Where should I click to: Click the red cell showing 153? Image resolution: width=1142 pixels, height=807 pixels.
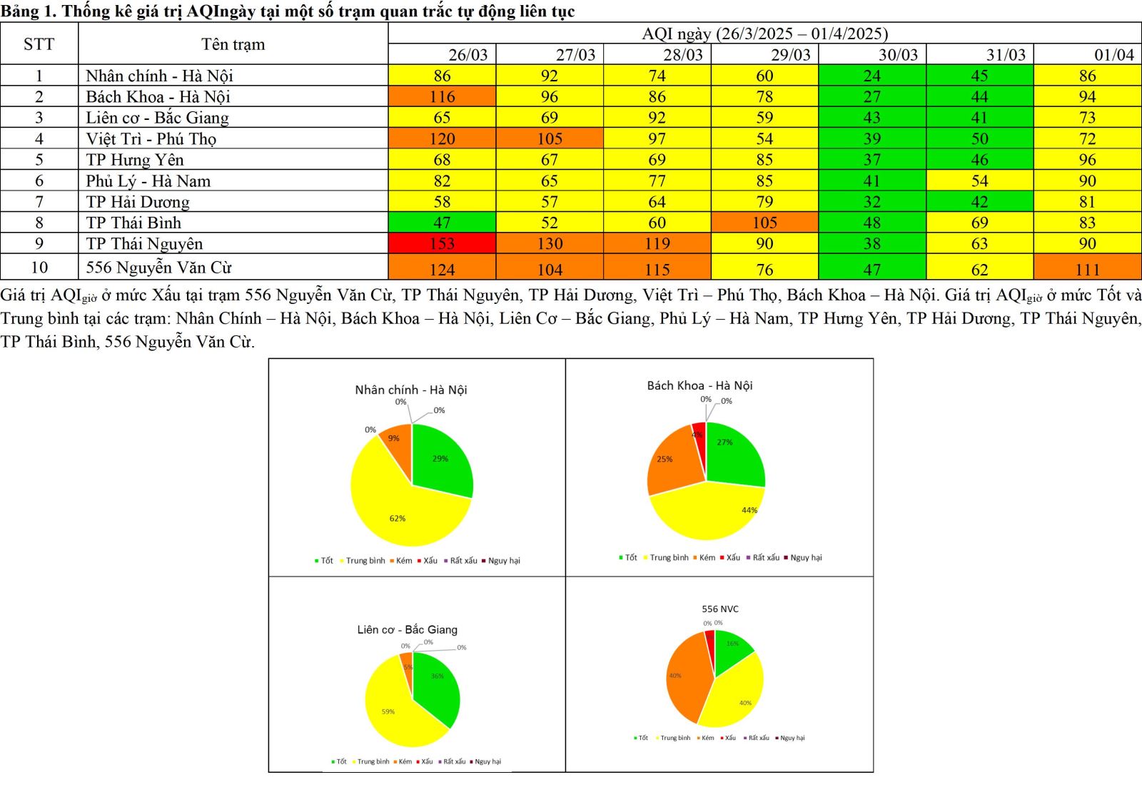coord(442,243)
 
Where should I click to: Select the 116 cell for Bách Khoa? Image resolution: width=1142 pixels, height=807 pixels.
coord(442,96)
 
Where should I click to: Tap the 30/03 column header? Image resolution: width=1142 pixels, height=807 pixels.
coord(898,54)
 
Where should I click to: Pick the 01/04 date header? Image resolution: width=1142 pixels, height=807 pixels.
coord(1113,54)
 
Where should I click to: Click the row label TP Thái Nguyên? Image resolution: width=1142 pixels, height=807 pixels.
coord(144,243)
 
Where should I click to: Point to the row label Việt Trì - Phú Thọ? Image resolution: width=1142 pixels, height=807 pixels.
coord(151,138)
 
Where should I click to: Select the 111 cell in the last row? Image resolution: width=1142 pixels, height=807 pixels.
coord(1087,269)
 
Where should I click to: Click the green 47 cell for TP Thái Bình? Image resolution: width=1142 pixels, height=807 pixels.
coord(442,223)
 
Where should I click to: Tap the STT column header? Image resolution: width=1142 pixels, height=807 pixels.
coord(39,44)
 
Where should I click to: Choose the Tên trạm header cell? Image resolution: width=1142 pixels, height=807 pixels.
coord(233,44)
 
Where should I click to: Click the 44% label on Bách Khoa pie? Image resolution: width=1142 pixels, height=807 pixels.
coord(749,510)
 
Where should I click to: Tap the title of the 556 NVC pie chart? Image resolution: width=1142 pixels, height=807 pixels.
coord(719,609)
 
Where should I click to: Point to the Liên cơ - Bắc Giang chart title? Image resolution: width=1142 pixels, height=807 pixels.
coord(407,629)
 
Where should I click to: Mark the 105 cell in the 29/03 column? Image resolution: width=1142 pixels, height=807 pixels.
coord(764,223)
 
